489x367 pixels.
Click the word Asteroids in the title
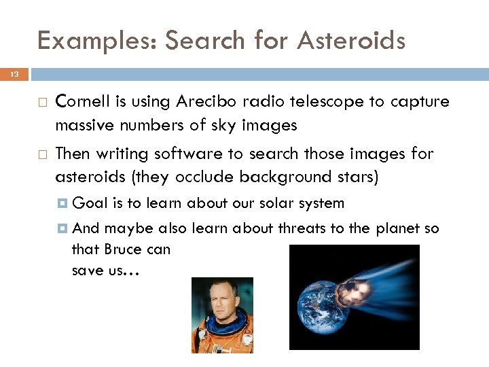pos(350,41)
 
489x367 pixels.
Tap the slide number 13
pos(14,73)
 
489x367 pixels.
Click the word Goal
pos(87,203)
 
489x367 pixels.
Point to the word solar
pos(268,203)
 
